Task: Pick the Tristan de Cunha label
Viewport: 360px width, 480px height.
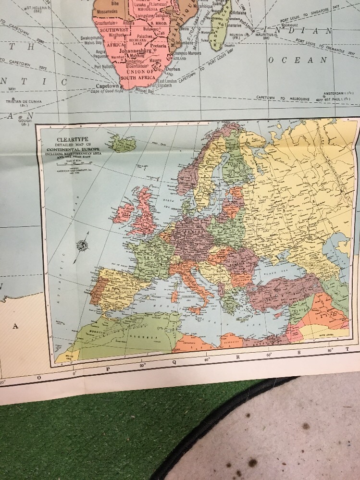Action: [x=24, y=101]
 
